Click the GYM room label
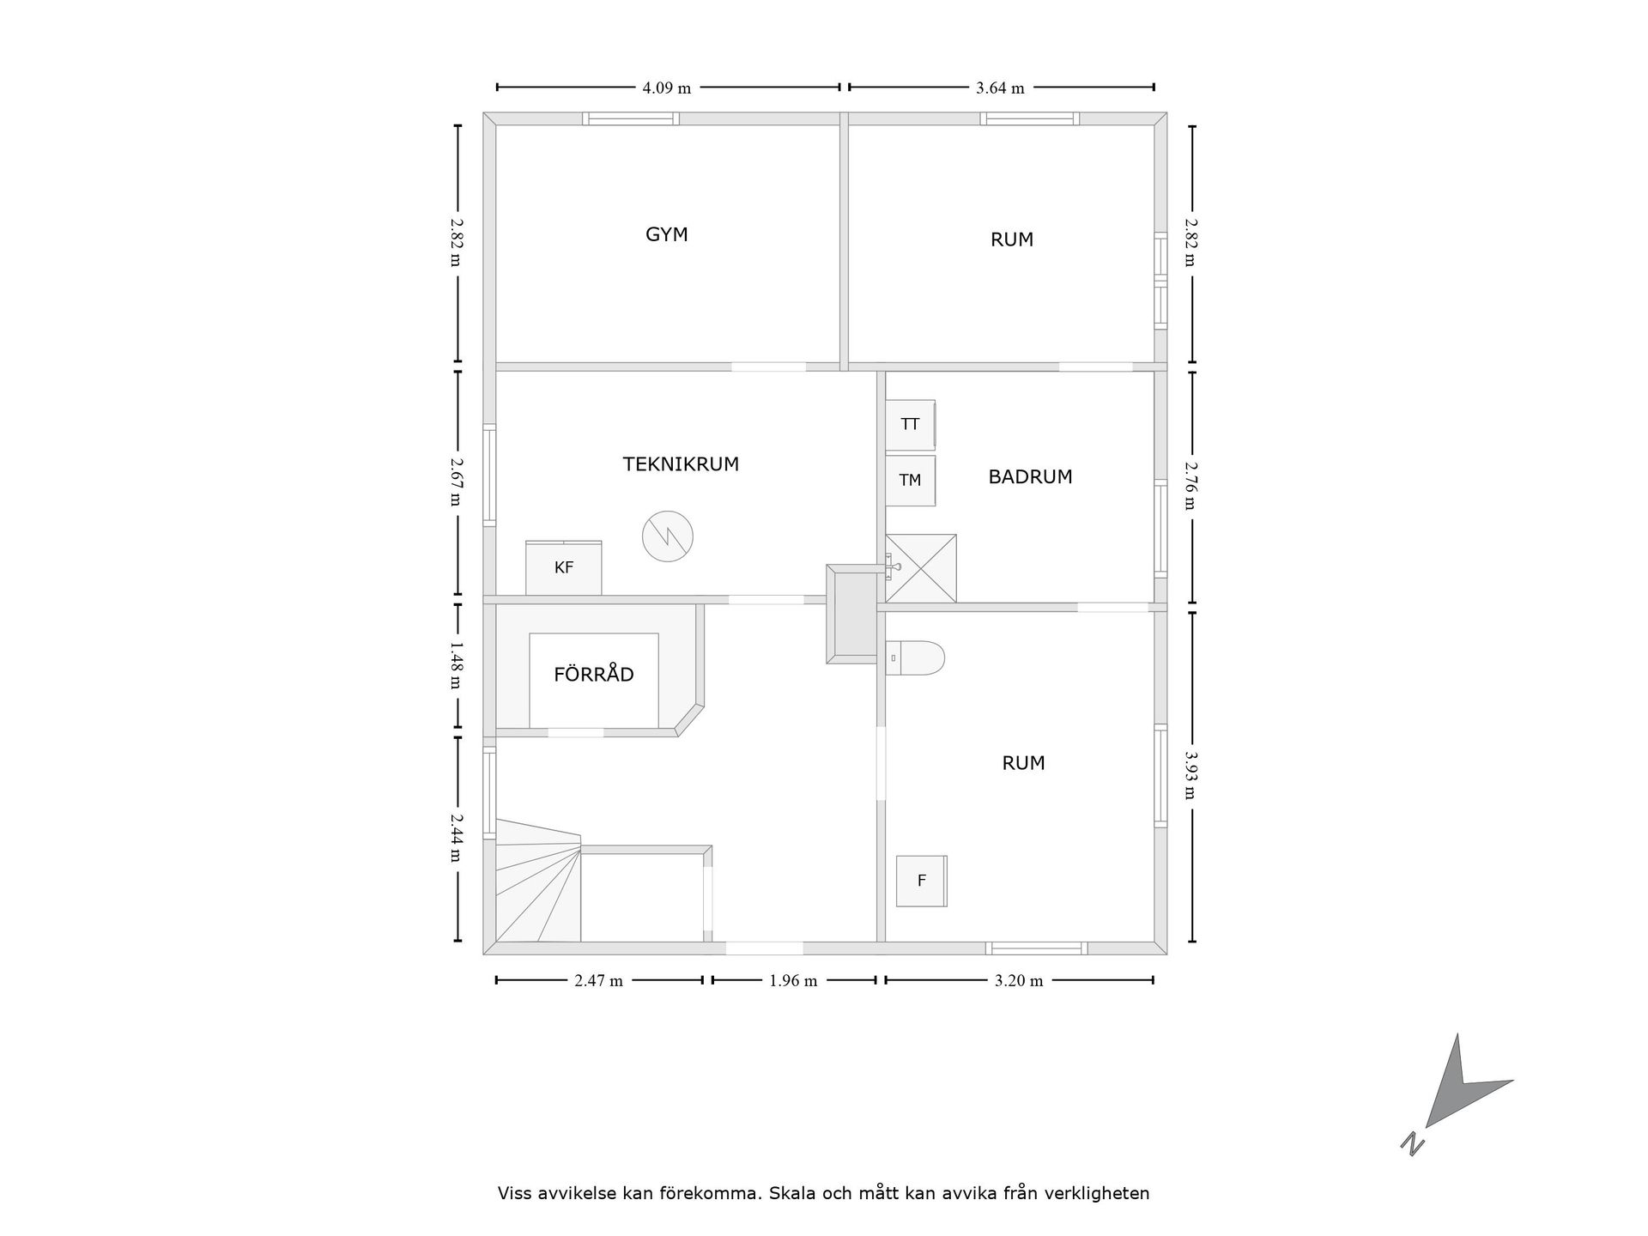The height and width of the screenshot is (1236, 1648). click(x=667, y=234)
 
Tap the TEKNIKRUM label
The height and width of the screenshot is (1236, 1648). click(x=681, y=464)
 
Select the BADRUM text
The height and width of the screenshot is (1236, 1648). click(x=1030, y=476)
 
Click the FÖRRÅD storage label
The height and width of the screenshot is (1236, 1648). click(x=594, y=674)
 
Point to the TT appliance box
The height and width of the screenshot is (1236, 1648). click(x=910, y=424)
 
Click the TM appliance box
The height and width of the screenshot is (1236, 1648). click(x=910, y=480)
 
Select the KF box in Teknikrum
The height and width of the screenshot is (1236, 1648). click(x=563, y=567)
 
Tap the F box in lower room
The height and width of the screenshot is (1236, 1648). click(x=921, y=881)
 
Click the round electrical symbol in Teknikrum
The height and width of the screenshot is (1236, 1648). click(x=667, y=536)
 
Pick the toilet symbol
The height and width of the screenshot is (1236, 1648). click(x=915, y=657)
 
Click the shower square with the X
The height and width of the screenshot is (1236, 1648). click(x=921, y=568)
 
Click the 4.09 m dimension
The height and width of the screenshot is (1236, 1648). click(x=667, y=88)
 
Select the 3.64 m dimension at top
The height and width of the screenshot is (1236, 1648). click(x=1000, y=88)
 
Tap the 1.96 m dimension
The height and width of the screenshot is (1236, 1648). click(x=793, y=980)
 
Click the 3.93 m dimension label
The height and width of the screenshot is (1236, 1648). click(x=1191, y=775)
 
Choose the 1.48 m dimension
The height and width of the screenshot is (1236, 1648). click(x=455, y=666)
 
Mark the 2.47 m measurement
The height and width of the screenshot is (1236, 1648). click(x=598, y=980)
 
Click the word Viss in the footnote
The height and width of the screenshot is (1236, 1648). click(x=516, y=1193)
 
